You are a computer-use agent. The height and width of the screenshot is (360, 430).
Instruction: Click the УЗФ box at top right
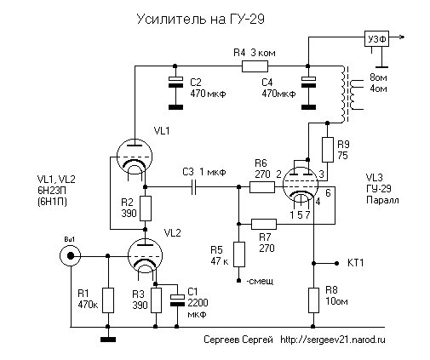376,38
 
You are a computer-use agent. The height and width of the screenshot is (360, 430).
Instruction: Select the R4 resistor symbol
255,66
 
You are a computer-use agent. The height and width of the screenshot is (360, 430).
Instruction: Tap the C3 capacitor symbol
194,186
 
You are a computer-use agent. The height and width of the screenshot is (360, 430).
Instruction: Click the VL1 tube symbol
135,157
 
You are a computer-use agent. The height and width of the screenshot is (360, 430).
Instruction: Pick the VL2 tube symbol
145,256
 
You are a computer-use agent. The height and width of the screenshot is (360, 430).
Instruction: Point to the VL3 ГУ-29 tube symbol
301,185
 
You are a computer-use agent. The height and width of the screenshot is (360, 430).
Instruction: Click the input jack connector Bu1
70,256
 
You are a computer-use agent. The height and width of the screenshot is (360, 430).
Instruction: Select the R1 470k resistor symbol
108,300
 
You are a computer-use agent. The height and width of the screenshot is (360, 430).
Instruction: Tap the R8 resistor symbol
313,300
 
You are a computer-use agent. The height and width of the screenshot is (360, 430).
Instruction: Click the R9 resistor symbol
327,150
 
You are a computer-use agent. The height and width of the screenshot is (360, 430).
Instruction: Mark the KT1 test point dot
336,263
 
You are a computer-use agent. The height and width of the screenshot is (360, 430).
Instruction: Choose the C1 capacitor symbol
177,300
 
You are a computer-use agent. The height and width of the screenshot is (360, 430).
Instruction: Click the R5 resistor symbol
239,254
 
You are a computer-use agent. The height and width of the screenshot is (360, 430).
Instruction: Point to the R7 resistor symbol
264,224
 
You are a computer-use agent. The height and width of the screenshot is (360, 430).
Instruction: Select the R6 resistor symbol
262,187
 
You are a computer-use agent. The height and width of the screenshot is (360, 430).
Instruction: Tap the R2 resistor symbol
146,209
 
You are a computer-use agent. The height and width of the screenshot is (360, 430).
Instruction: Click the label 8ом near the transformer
378,77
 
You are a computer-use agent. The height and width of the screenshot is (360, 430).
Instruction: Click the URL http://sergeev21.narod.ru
333,340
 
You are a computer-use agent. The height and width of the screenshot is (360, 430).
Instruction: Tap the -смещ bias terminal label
260,281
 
